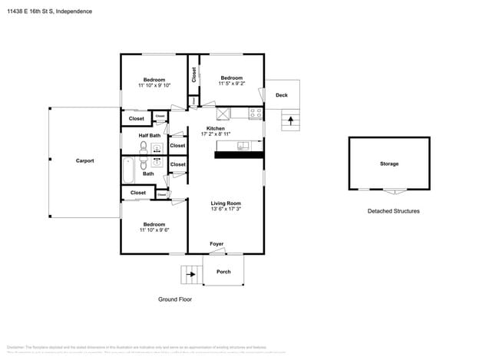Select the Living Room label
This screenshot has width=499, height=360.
pyautogui.click(x=226, y=203)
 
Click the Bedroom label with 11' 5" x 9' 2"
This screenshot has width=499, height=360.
pyautogui.click(x=232, y=78)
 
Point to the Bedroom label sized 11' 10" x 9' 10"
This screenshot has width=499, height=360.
pyautogui.click(x=154, y=80)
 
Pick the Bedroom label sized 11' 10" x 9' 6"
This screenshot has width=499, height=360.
pyautogui.click(x=154, y=224)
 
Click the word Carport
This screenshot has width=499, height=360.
pyautogui.click(x=84, y=160)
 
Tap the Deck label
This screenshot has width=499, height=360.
pyautogui.click(x=281, y=95)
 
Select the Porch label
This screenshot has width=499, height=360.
pyautogui.click(x=223, y=272)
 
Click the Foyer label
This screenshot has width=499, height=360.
pyautogui.click(x=217, y=244)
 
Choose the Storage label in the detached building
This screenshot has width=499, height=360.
pyautogui.click(x=389, y=163)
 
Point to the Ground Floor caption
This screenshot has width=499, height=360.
pyautogui.click(x=173, y=299)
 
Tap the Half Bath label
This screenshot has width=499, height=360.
pyautogui.click(x=150, y=136)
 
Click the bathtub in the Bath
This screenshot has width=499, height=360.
pyautogui.click(x=129, y=167)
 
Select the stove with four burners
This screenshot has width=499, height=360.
pyautogui.click(x=256, y=113)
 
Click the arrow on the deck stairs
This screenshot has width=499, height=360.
pyautogui.click(x=290, y=119)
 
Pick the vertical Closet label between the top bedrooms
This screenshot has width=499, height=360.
pyautogui.click(x=194, y=74)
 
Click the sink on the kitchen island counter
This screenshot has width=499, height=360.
pyautogui.click(x=243, y=144)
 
